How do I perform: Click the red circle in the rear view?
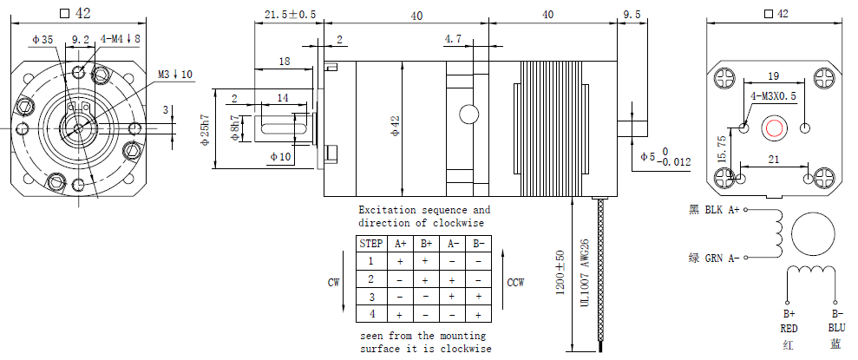[774, 128]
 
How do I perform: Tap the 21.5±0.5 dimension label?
[290, 15]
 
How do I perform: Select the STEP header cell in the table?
[371, 244]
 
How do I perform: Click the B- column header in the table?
[479, 244]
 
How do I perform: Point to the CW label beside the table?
[334, 283]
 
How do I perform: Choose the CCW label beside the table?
[515, 283]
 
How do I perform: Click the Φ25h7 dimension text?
[206, 129]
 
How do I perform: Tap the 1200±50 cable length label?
[560, 272]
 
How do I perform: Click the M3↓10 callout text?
[175, 74]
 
